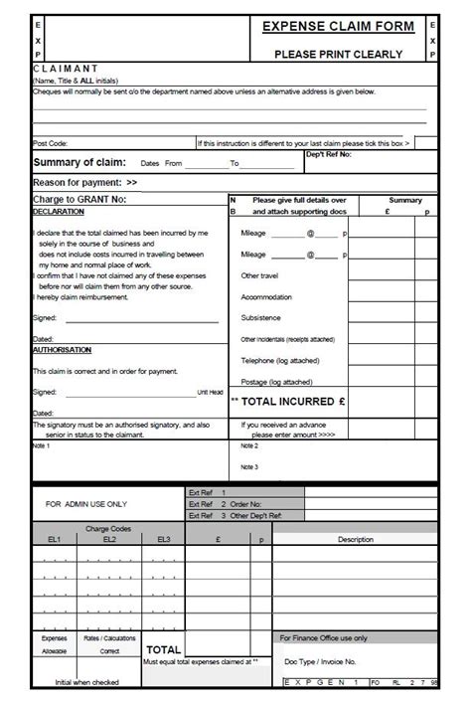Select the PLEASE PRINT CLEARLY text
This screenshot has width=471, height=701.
tap(339, 55)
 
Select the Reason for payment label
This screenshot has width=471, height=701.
tap(85, 183)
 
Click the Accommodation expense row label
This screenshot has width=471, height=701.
tap(266, 297)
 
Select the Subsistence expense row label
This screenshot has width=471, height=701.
tap(260, 318)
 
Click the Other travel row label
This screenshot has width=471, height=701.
tap(259, 275)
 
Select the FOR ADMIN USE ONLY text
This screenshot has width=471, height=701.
tap(86, 504)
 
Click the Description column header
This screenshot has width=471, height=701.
tap(355, 539)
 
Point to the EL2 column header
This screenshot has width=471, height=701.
tap(109, 539)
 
